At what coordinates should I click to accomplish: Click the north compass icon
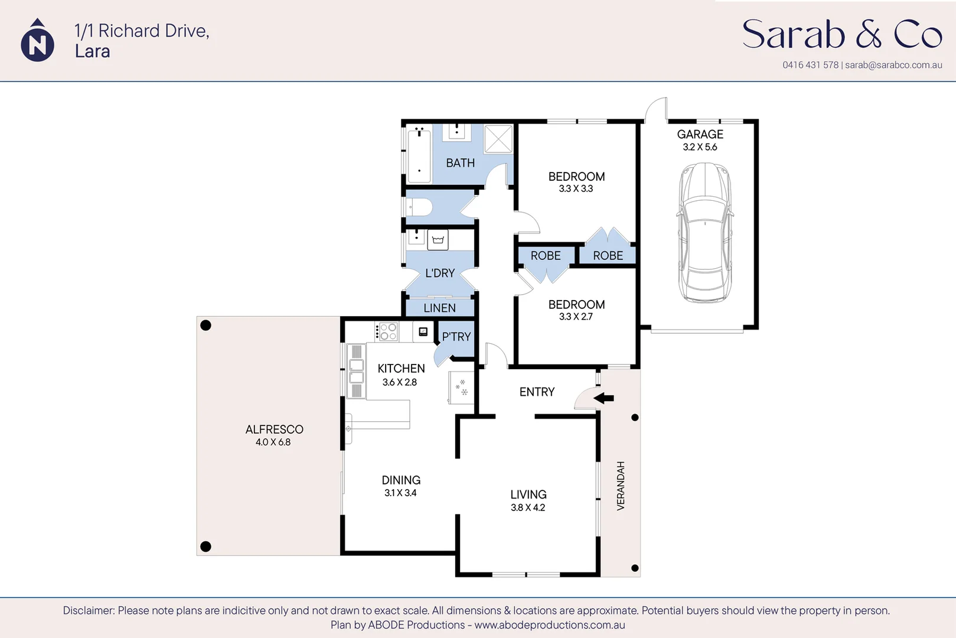tap(38, 40)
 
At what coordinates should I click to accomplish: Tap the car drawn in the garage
tap(705, 233)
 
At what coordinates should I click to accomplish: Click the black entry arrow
tap(603, 398)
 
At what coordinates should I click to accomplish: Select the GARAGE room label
tap(700, 134)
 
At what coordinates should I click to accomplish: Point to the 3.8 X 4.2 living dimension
tap(528, 507)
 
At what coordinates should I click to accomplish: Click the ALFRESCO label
tap(274, 429)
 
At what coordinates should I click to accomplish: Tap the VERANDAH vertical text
tap(621, 486)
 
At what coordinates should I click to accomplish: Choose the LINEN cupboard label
tap(439, 308)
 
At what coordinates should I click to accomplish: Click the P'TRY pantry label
tap(456, 337)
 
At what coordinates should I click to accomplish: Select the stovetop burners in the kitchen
tap(388, 332)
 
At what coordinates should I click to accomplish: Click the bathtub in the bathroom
tap(419, 154)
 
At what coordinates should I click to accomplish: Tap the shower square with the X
tap(498, 139)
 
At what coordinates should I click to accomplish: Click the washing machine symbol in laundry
tap(438, 240)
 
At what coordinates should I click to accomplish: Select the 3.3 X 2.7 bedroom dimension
tap(576, 317)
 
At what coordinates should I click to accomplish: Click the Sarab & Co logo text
tap(842, 34)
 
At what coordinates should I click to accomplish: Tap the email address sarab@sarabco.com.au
tap(893, 65)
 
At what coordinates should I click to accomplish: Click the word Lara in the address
tap(93, 51)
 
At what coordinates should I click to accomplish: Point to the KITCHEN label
tap(401, 369)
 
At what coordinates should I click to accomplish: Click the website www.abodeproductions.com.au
tap(550, 625)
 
